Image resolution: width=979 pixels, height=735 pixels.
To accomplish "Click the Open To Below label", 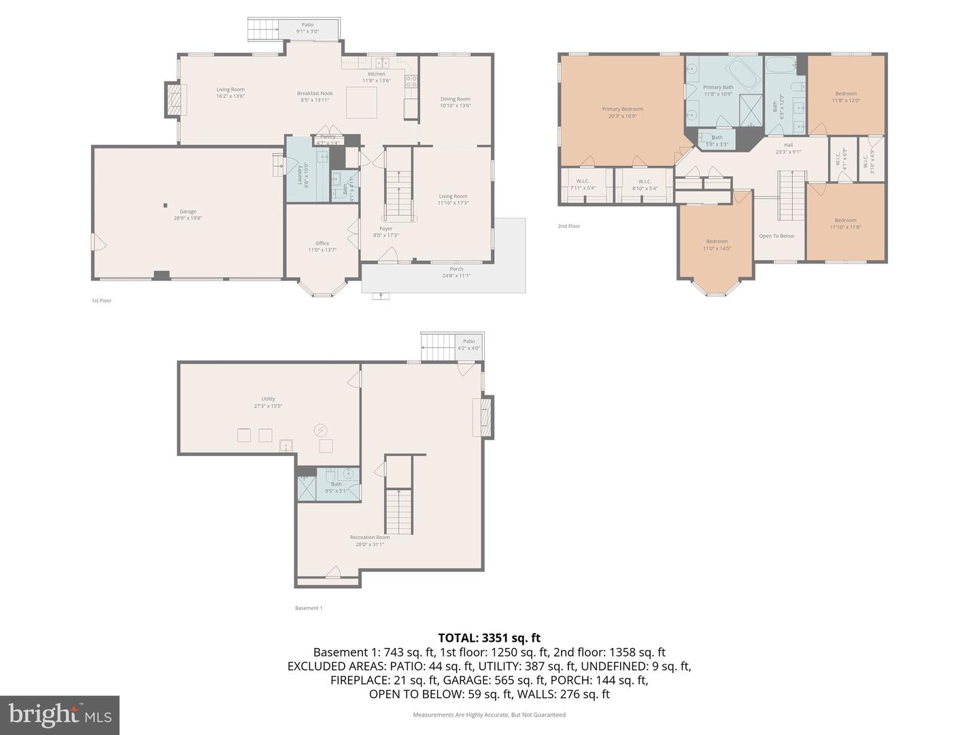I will (776, 236).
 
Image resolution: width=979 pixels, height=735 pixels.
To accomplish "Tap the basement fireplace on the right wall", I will (484, 417).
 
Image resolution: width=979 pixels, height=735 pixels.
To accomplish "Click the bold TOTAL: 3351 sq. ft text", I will (489, 638).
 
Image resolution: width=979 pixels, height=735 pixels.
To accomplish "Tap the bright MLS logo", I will (60, 715).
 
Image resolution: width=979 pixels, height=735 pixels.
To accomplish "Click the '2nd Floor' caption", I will (569, 226).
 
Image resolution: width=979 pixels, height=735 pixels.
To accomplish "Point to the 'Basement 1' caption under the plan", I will (309, 608).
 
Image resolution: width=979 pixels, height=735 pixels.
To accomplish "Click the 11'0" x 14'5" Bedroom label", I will (717, 245).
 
